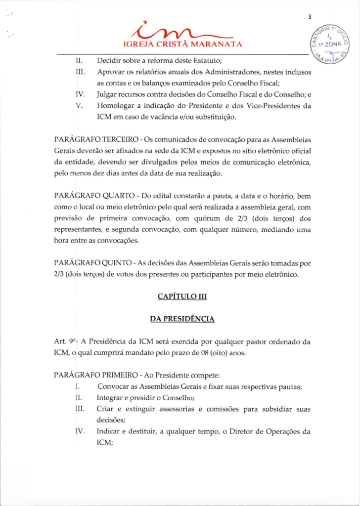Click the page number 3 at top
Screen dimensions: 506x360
(309, 17)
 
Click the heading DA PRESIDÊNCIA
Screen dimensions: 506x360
(182, 319)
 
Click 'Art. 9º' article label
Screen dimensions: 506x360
(64, 342)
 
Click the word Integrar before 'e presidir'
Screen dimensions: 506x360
(112, 397)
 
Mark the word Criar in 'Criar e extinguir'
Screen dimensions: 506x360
(105, 409)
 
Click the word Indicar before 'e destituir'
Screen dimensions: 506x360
(110, 431)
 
